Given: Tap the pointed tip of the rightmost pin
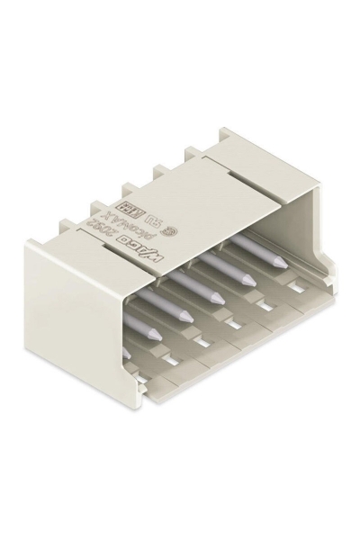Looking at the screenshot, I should tap(282, 262).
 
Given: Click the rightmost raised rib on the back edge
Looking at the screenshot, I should tap(193, 152).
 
